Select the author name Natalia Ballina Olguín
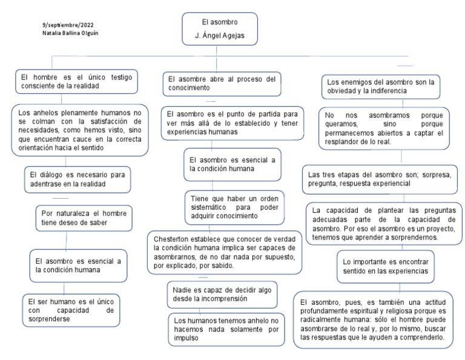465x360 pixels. coord(70,33)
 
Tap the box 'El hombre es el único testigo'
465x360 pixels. coord(76,82)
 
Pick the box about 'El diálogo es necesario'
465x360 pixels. coord(77,179)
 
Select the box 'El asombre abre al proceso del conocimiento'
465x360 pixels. coord(222,83)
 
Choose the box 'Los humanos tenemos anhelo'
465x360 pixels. coord(226,329)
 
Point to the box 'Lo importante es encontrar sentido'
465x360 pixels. coord(385,267)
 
